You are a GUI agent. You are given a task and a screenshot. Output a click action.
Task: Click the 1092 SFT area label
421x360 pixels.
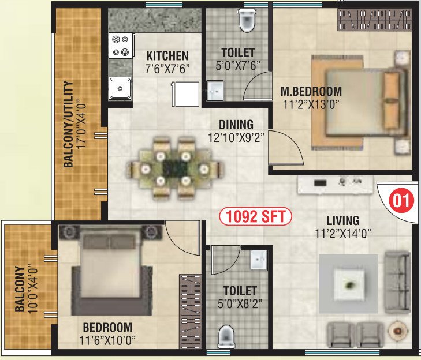[x=256, y=217]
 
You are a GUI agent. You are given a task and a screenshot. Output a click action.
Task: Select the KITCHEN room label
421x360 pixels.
[x=167, y=56]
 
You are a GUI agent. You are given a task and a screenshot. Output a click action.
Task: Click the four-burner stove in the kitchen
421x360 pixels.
[x=121, y=46]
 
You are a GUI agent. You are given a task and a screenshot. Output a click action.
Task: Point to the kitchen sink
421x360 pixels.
[x=121, y=88]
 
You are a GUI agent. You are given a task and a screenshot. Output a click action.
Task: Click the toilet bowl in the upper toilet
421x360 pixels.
[x=247, y=21]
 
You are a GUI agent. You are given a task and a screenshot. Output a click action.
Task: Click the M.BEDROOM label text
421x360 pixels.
[x=311, y=91]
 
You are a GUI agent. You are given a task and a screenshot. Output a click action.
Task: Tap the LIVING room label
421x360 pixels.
[x=342, y=220]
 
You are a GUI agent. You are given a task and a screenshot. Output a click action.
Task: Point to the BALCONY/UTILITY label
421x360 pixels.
[x=69, y=132]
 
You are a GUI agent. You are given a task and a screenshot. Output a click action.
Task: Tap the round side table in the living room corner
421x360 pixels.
[x=398, y=331]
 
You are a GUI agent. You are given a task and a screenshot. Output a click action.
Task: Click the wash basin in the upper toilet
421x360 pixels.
[x=215, y=90]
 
